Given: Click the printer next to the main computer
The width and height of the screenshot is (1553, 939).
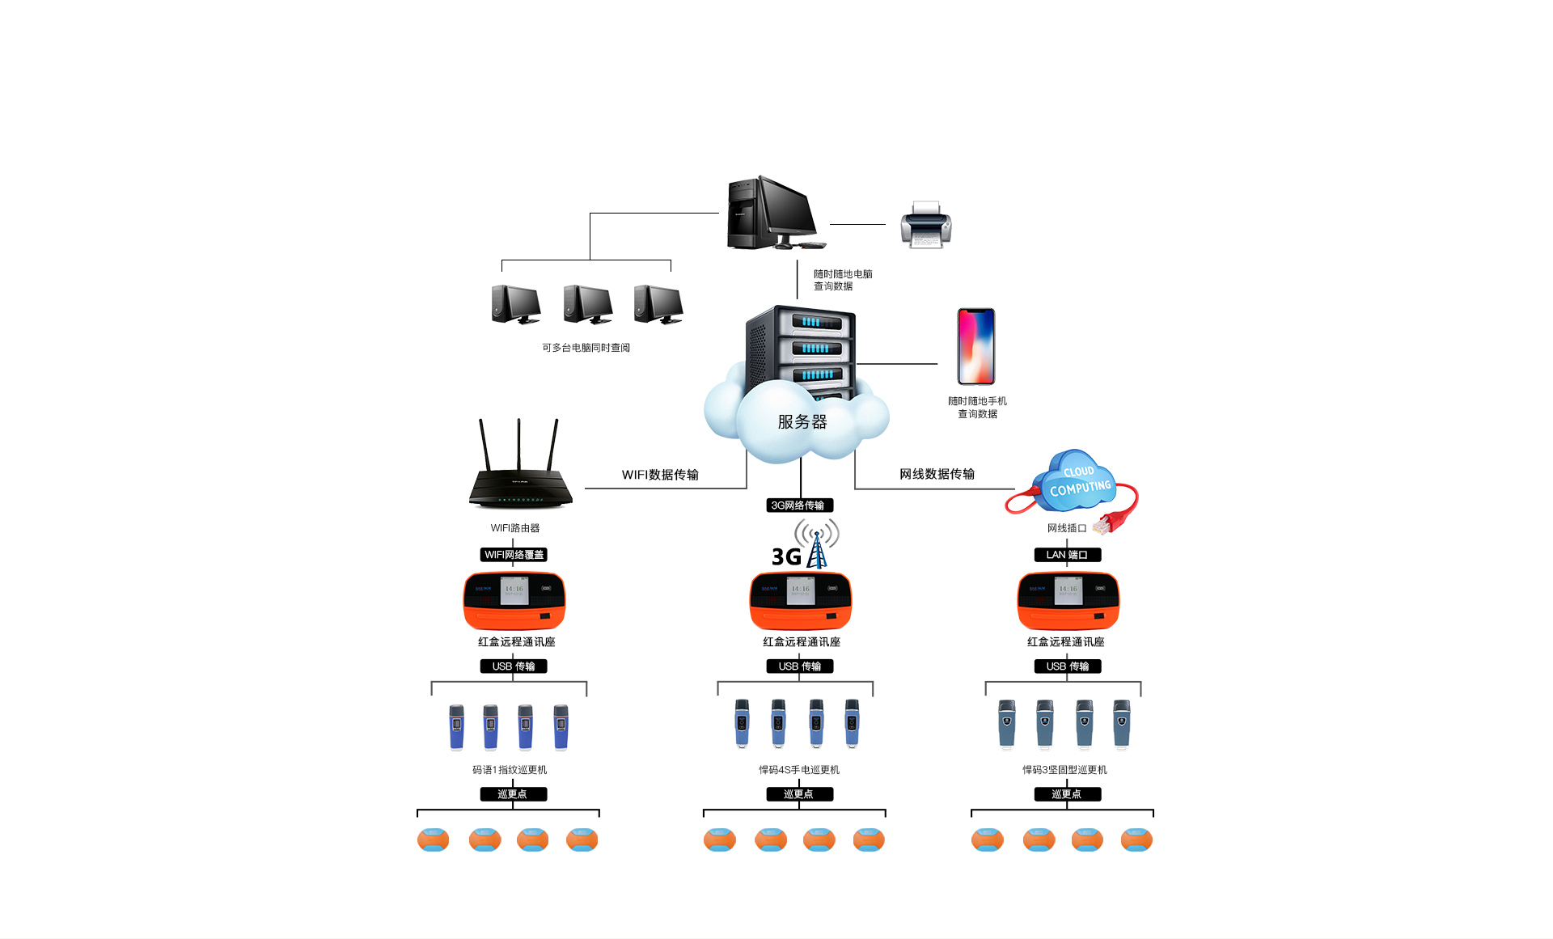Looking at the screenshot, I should tap(926, 225).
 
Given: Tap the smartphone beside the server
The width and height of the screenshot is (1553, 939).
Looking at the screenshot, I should tap(975, 346).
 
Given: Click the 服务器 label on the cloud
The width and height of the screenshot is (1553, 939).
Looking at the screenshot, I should tap(802, 422).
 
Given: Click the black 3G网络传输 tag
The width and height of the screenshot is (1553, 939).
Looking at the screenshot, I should tap(799, 505).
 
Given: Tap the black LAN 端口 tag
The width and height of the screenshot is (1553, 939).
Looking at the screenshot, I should tap(1067, 555).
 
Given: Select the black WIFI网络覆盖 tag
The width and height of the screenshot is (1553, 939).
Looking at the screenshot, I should tap(514, 555).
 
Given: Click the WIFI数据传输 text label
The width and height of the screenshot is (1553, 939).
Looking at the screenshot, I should tap(660, 475).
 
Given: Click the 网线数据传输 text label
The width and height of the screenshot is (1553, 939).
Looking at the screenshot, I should tap(937, 474).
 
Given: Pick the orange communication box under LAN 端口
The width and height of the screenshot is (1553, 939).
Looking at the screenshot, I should tap(1068, 601).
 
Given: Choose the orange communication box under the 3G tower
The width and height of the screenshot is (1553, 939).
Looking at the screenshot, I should tap(801, 601).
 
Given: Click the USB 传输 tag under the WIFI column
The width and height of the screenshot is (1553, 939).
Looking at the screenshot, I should tap(514, 666).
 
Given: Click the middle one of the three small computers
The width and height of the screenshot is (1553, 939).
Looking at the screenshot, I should tap(588, 305).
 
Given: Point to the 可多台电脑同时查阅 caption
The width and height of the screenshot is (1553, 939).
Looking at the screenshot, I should tap(586, 348).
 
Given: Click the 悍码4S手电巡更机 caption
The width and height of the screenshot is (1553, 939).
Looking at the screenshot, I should tap(799, 770).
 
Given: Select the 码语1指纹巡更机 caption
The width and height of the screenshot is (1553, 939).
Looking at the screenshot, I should tap(510, 770).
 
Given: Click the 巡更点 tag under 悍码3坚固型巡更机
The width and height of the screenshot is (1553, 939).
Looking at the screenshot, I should tap(1067, 794).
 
